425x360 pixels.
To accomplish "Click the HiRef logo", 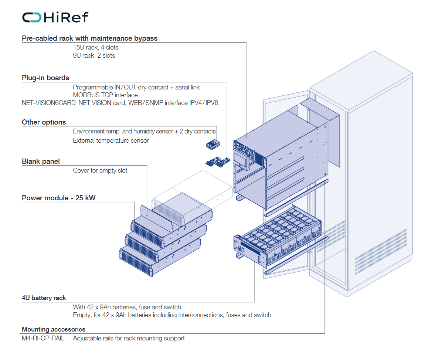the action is [55, 17].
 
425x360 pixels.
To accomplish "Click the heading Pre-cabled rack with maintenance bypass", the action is [89, 38].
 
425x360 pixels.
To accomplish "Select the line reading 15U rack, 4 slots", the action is [96, 47].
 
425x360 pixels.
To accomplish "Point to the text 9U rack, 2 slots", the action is [94, 55].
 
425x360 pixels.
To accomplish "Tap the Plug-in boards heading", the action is [45, 78].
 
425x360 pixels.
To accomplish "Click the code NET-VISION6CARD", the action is [48, 103].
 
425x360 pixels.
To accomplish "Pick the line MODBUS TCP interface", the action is [105, 95].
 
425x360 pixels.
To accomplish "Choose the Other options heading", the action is [44, 122].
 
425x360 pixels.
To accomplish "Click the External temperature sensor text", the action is [110, 140].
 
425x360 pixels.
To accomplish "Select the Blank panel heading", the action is [41, 162].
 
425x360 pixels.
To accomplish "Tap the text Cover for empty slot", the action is [100, 170].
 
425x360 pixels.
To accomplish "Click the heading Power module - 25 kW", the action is [58, 198].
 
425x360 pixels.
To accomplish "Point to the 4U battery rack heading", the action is [44, 298].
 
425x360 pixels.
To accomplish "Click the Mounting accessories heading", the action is [54, 329].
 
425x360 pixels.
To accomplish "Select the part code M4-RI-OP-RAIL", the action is [43, 338].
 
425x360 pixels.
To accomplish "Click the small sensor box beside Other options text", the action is [213, 145].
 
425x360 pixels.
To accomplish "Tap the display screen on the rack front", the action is [241, 159].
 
